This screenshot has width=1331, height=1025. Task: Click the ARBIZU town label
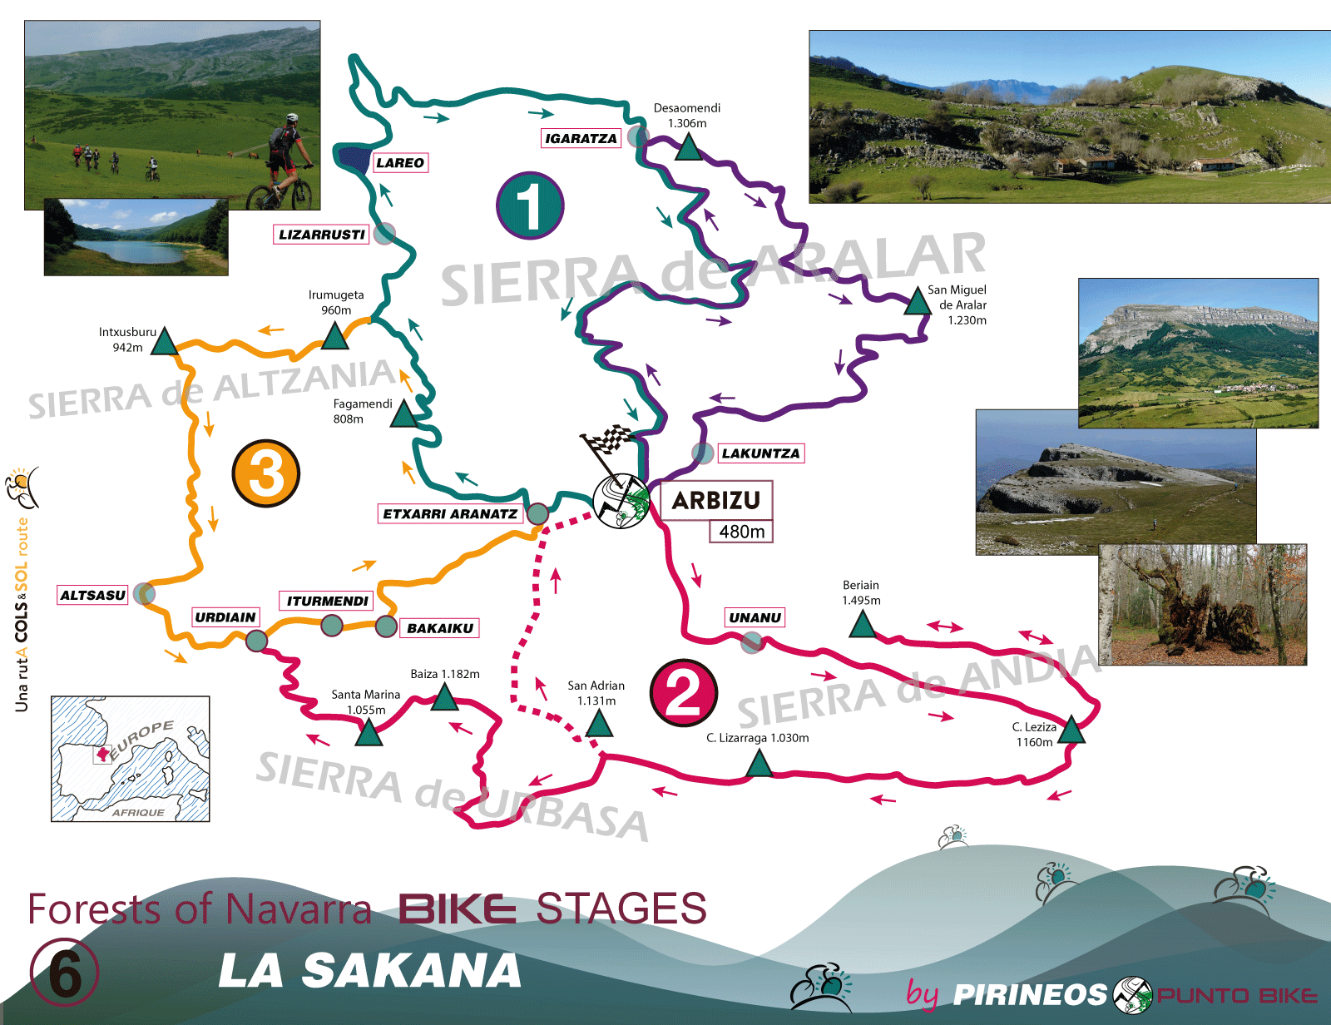715,500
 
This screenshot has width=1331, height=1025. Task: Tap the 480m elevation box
741,532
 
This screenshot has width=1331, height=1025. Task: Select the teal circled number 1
530,205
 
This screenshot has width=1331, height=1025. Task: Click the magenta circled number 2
684,693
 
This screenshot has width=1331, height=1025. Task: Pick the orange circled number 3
265,473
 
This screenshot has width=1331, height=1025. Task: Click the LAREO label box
399,163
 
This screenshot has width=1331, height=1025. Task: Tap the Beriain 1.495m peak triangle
863,625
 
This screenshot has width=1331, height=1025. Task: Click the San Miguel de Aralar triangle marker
917,303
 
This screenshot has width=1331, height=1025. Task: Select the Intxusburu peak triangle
165,342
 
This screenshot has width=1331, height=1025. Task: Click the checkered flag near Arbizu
609,441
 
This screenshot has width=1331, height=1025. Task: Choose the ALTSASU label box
92,595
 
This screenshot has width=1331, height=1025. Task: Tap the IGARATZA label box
581,138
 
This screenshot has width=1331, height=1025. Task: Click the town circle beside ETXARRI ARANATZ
537,513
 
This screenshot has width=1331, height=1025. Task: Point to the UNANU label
755,617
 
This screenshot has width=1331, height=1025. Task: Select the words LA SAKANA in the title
370,971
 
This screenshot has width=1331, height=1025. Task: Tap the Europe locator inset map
131,759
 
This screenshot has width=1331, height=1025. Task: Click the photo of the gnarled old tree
1203,605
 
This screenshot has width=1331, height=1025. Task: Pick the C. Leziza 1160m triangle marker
1071,730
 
